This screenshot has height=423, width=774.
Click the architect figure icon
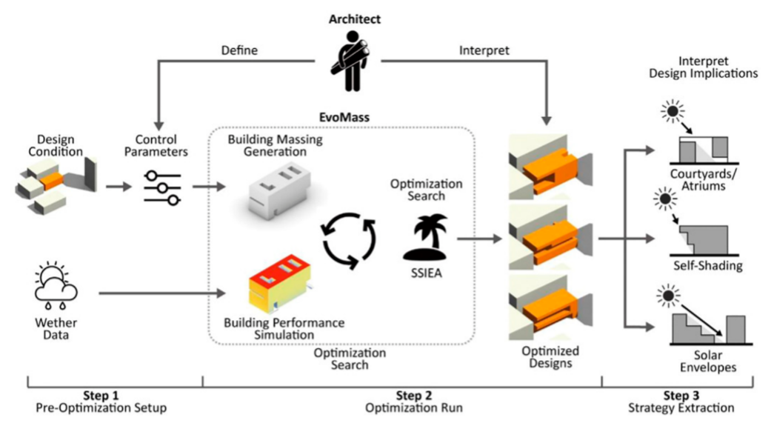(352, 61)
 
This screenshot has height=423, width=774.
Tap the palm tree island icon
(425, 237)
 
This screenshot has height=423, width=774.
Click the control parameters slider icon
(162, 187)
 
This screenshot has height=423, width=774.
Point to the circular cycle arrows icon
(349, 240)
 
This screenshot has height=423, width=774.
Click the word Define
(239, 50)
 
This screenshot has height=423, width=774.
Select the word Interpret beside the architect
(484, 50)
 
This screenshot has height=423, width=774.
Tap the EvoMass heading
(344, 118)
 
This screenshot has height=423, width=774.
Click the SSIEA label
(427, 273)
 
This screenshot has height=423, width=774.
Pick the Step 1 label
(101, 396)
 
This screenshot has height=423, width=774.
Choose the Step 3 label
(681, 396)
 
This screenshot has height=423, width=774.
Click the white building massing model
(280, 191)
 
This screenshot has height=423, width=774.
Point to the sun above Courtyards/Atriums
(673, 112)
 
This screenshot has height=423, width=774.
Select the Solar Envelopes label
(708, 362)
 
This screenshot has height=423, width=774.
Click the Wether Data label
(56, 329)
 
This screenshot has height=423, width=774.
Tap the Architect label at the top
(355, 19)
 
